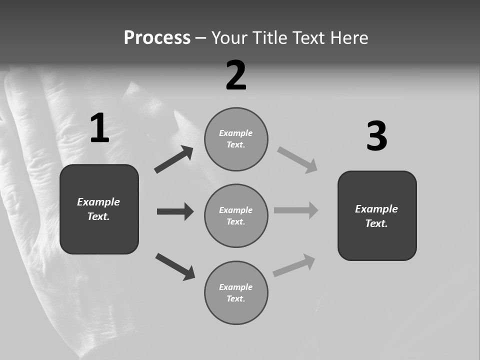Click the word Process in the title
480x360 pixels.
click(157, 38)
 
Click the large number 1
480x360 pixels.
click(99, 128)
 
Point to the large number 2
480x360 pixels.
click(236, 75)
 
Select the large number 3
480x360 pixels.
click(376, 136)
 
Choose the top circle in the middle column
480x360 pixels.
click(236, 139)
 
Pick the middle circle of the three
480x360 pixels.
click(236, 216)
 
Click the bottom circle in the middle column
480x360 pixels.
click(236, 293)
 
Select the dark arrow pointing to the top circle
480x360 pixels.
click(173, 160)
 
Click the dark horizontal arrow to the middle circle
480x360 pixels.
click(175, 211)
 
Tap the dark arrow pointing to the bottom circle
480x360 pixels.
click(175, 266)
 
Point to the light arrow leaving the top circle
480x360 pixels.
click(297, 159)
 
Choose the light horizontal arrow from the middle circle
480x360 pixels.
click(296, 210)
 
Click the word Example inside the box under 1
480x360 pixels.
click(98, 202)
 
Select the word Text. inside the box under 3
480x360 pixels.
click(376, 223)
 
